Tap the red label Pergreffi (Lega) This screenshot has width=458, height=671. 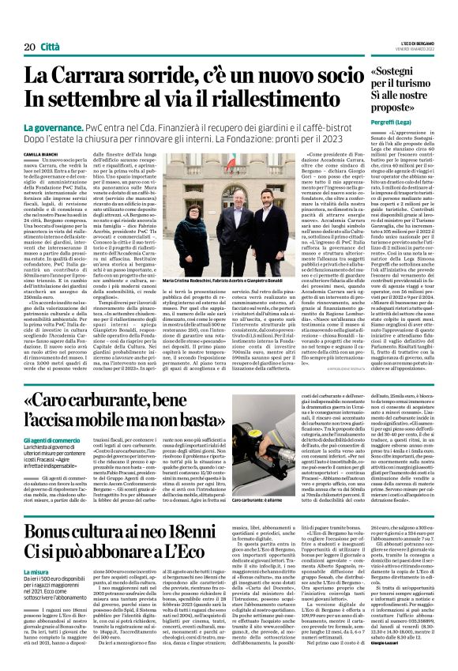point(383,138)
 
